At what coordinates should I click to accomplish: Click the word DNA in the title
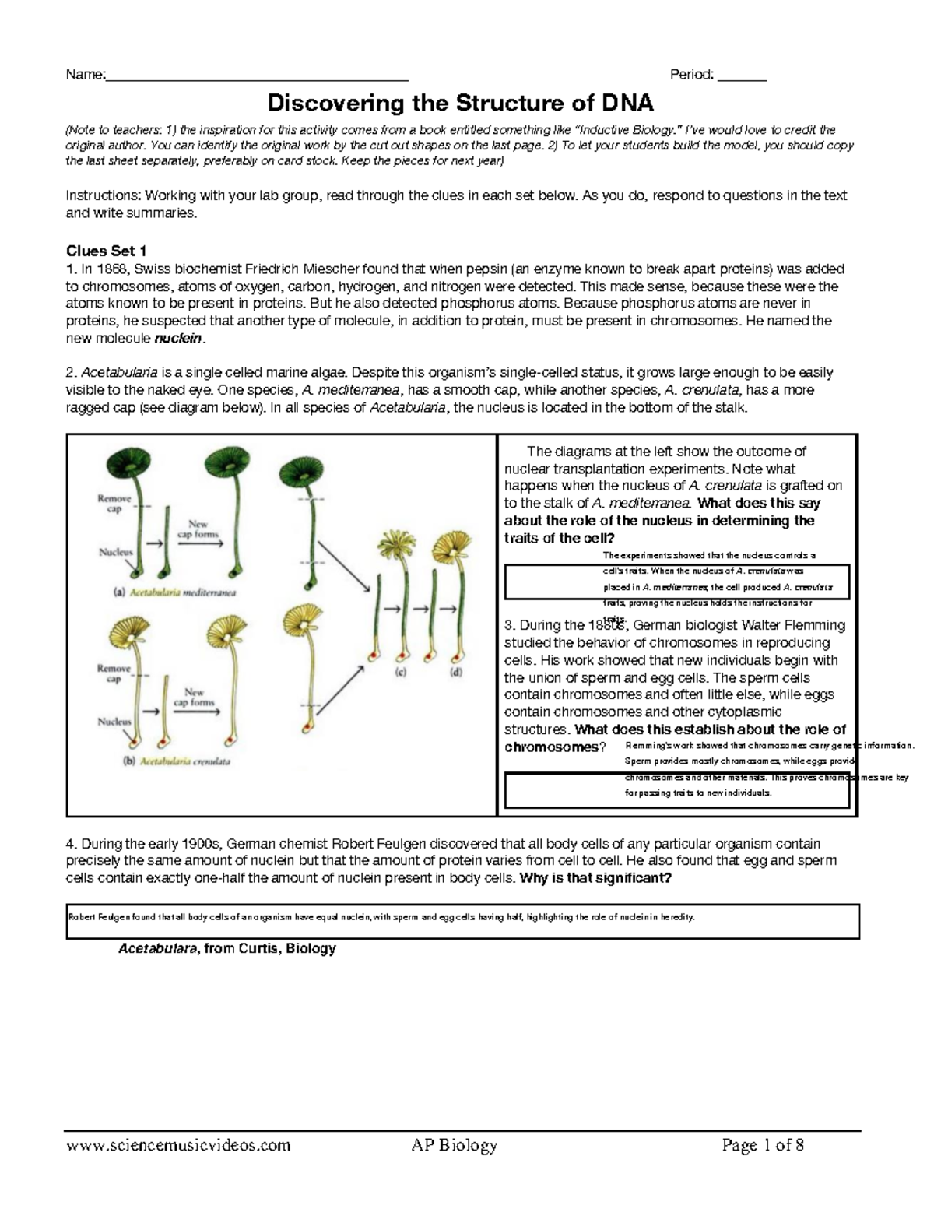[x=627, y=103]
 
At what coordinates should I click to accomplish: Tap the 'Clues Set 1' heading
[x=106, y=251]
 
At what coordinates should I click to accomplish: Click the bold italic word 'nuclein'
[x=178, y=339]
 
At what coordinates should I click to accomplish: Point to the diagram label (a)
[x=121, y=592]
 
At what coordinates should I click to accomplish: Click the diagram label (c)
[x=401, y=673]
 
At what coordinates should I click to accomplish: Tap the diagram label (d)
[x=455, y=672]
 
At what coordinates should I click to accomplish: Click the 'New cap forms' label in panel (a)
[x=198, y=529]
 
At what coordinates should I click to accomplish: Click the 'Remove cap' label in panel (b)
[x=114, y=673]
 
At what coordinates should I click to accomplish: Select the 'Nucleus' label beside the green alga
[x=115, y=552]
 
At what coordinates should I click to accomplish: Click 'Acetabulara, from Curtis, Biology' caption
[x=226, y=948]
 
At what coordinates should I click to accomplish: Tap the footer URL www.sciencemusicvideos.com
[x=178, y=1145]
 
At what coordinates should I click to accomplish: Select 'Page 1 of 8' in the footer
[x=763, y=1145]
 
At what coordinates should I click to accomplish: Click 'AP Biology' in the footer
[x=454, y=1145]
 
